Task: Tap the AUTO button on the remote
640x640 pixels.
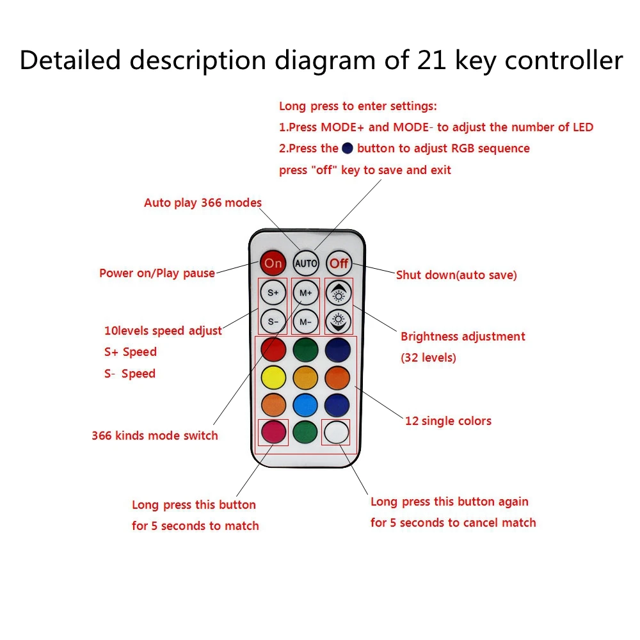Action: (x=306, y=263)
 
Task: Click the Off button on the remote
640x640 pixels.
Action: (x=339, y=263)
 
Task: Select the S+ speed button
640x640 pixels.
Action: (x=273, y=292)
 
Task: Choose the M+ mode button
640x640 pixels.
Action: (x=306, y=292)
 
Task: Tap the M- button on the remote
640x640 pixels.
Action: (x=306, y=321)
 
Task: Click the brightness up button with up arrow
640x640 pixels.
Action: (x=339, y=292)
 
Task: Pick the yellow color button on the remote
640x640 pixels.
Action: (x=273, y=378)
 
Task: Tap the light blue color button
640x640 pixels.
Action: (x=306, y=405)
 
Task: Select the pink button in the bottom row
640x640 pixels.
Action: (x=273, y=433)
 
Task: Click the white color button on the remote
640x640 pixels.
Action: (x=337, y=433)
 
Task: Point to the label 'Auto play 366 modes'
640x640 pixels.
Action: (x=203, y=203)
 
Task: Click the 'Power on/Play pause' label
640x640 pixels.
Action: (x=157, y=273)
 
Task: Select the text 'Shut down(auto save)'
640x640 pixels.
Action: (x=456, y=275)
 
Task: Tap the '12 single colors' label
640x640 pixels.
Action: (x=448, y=421)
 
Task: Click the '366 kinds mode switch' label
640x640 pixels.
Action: (x=155, y=436)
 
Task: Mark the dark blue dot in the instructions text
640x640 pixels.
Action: (x=348, y=148)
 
